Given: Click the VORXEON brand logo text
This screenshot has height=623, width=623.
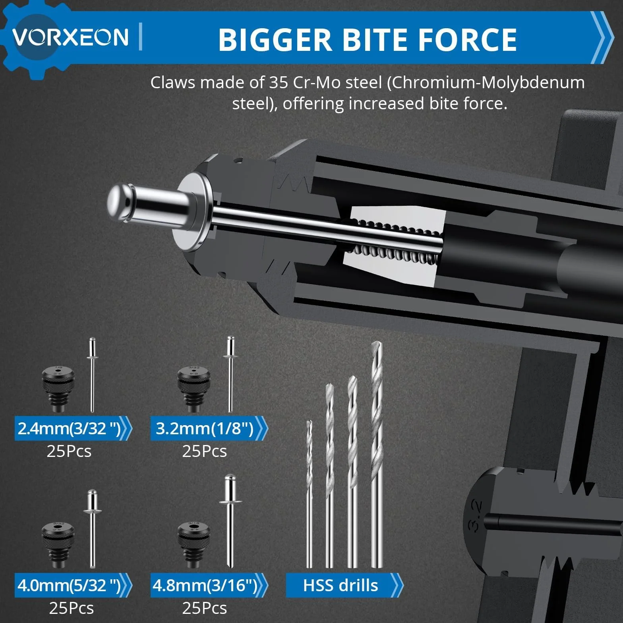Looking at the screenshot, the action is point(70,37).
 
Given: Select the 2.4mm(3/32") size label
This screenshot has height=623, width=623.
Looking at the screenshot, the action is point(69,428).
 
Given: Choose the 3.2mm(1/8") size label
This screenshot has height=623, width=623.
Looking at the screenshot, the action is point(205,428).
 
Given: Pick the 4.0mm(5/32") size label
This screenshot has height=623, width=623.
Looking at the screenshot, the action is point(69,585).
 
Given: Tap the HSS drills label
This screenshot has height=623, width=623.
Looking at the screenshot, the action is point(341,585).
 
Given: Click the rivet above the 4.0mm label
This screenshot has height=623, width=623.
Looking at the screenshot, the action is point(93,528).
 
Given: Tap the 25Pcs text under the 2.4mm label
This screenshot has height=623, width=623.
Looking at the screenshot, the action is point(69,451).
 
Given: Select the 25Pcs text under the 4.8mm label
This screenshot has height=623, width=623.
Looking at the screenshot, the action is point(205,608).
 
